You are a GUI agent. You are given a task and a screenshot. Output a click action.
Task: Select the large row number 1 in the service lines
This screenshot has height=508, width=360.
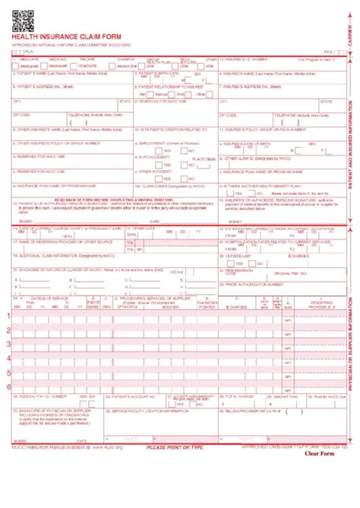(9, 315)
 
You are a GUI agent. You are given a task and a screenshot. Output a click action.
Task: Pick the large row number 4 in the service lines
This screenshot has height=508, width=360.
(9, 357)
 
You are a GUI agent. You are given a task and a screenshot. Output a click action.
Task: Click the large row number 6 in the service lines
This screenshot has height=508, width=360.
(9, 386)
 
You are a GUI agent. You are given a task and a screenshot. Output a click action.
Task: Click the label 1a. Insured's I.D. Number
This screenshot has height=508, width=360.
(246, 58)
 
